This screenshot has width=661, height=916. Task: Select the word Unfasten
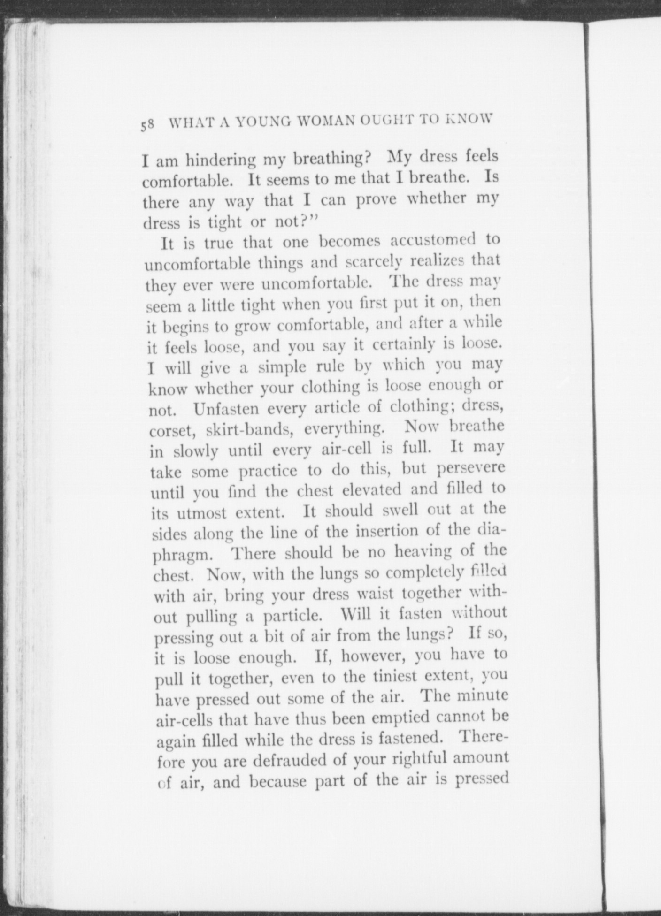[226, 409]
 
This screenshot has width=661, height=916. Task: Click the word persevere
[465, 469]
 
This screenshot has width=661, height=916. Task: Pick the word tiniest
[391, 678]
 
